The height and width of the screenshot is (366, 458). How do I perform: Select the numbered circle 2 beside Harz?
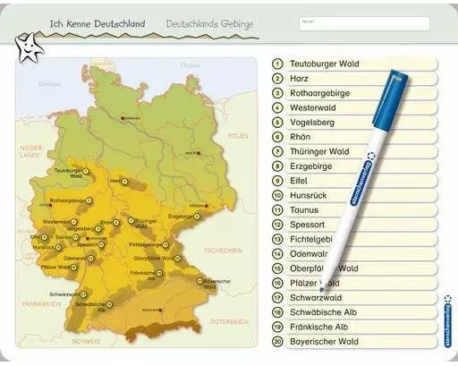point(278,79)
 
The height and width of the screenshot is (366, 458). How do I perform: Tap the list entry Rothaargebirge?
point(318,93)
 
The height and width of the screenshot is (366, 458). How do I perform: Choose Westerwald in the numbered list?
point(313,107)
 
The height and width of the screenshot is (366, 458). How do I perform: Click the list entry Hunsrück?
point(310,195)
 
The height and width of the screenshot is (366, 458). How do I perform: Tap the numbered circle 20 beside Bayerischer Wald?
point(278,341)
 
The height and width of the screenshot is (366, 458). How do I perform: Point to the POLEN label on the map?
point(237,136)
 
